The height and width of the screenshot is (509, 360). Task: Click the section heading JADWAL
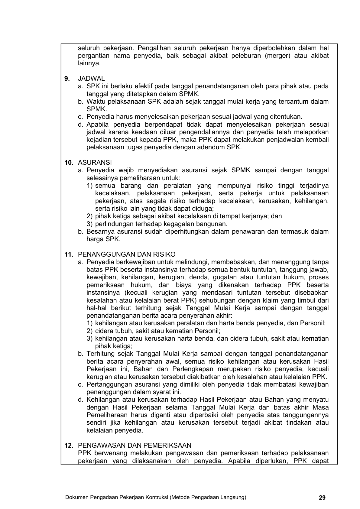click(91, 79)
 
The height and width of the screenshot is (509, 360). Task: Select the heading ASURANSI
click(95, 163)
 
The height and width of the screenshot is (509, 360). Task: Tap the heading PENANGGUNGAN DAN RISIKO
click(127, 254)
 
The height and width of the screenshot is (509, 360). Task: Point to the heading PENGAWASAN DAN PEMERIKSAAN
click(135, 445)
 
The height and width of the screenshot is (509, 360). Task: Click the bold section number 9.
click(67, 79)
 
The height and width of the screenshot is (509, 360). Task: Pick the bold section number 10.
click(69, 163)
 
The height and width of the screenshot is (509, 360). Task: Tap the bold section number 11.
click(69, 254)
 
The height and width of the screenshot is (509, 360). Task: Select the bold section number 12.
click(69, 445)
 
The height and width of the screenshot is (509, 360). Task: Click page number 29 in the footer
click(322, 498)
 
